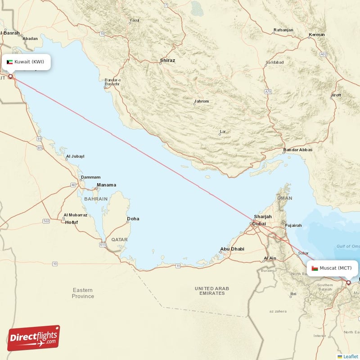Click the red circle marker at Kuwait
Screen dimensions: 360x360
(11, 76)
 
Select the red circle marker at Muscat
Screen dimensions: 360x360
(348, 283)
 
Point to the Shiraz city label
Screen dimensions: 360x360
(167, 60)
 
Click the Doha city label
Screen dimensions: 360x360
(133, 219)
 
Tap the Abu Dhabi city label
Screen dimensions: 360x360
(232, 249)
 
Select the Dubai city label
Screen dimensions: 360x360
(259, 224)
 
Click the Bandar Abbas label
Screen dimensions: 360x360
(298, 150)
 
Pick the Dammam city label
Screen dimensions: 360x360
(91, 177)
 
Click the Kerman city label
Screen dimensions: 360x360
(317, 35)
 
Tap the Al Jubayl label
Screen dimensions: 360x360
(75, 157)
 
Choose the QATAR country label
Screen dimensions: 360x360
(120, 240)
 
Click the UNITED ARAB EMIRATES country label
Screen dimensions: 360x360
(211, 291)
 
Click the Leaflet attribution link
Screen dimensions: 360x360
(350, 356)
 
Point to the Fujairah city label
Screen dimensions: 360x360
(293, 225)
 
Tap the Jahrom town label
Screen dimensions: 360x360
(201, 101)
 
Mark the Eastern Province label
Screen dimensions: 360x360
(83, 293)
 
